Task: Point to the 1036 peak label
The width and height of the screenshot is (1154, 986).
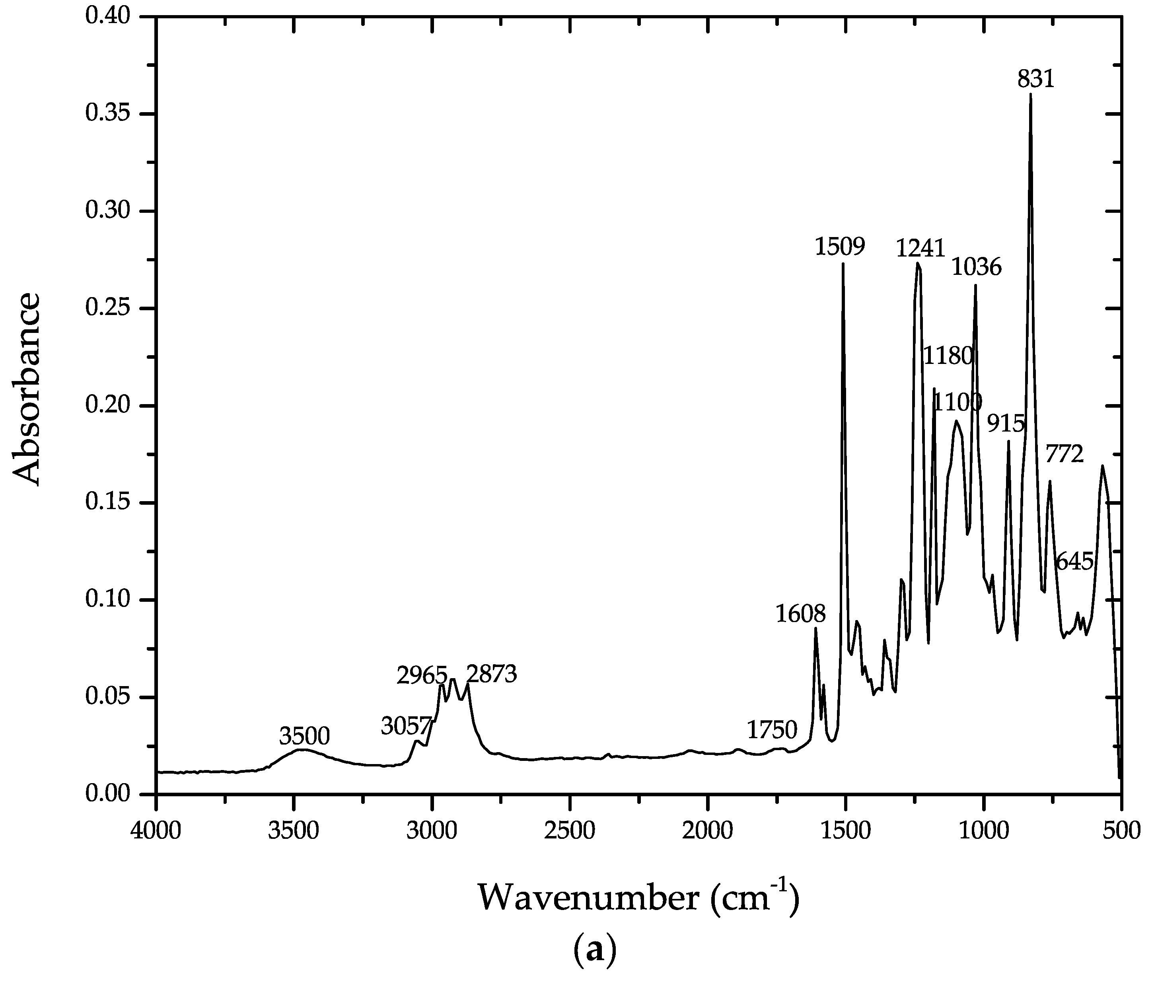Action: click(976, 268)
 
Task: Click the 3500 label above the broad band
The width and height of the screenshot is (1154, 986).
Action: click(305, 737)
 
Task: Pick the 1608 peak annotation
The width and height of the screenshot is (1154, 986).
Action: click(800, 614)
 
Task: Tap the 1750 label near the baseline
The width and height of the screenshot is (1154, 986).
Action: click(772, 730)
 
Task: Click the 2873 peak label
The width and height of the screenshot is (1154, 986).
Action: click(492, 675)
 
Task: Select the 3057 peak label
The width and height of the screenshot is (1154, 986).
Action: click(407, 726)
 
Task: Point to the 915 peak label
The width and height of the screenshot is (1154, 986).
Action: click(1006, 424)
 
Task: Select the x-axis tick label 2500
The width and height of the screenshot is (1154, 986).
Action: click(570, 831)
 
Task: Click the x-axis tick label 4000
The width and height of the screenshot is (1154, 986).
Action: click(156, 831)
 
